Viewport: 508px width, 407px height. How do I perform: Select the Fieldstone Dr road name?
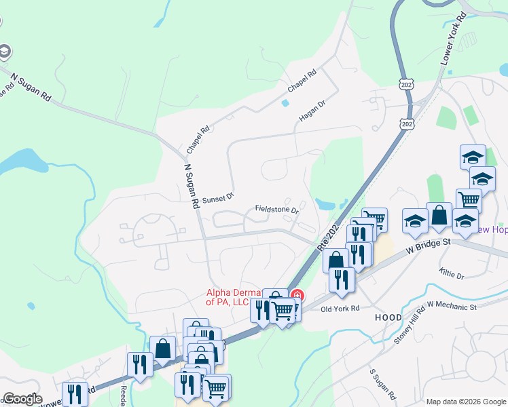277,210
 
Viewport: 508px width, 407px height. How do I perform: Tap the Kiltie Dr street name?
451,275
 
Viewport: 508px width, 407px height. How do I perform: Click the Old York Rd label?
340,309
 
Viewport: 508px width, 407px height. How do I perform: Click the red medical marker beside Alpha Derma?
297,296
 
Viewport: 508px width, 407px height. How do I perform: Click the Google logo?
22,399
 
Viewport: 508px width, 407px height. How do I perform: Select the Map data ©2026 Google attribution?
466,402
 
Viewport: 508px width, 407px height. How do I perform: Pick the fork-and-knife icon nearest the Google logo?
75,393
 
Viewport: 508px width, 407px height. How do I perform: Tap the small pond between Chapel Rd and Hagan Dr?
285,103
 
